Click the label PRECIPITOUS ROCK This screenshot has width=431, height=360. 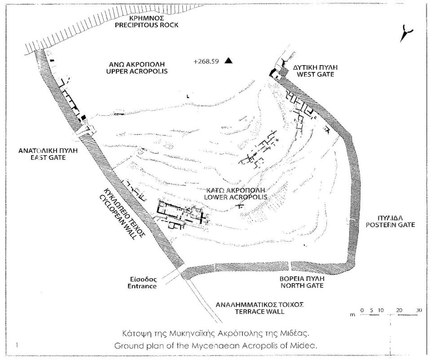(146, 25)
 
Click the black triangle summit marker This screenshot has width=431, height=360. (228, 60)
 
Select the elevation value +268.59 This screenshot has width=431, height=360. (206, 61)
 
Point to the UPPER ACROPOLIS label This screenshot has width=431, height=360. (137, 71)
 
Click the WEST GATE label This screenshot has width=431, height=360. (315, 74)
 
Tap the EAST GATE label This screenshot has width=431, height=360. (48, 157)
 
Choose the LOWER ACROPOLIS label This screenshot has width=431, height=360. (235, 197)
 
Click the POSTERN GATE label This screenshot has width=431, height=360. (390, 225)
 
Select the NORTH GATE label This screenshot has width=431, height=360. (302, 285)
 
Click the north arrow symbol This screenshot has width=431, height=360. (406, 33)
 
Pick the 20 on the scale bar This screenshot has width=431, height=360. (399, 310)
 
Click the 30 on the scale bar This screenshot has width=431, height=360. (418, 310)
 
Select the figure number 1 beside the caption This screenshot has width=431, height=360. (17, 345)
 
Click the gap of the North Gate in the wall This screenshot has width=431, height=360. (290, 266)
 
